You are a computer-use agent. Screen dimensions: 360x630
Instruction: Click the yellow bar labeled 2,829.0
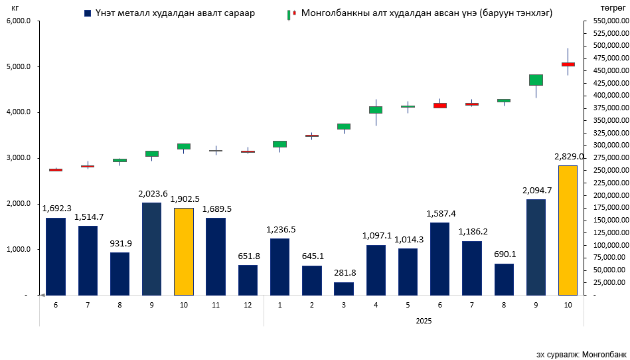coord(568,230)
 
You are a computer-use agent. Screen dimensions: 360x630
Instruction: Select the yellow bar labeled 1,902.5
coord(184,251)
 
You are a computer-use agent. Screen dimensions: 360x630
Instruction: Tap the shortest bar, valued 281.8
coord(344,288)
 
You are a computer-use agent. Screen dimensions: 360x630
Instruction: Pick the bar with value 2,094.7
coord(536,246)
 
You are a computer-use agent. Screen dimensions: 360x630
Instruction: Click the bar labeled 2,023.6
coord(151,248)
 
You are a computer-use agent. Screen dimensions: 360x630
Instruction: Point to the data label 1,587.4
coord(439,214)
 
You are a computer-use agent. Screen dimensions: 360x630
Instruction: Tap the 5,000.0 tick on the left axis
coord(19,67)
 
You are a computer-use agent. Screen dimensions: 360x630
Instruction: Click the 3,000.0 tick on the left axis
coord(19,158)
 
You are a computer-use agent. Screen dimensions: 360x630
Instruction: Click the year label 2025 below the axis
coord(424,321)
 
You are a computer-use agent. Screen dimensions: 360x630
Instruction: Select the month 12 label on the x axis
coord(248,304)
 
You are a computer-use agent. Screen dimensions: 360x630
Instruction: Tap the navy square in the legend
coord(88,13)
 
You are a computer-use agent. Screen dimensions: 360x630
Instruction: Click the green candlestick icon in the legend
coord(290,14)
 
